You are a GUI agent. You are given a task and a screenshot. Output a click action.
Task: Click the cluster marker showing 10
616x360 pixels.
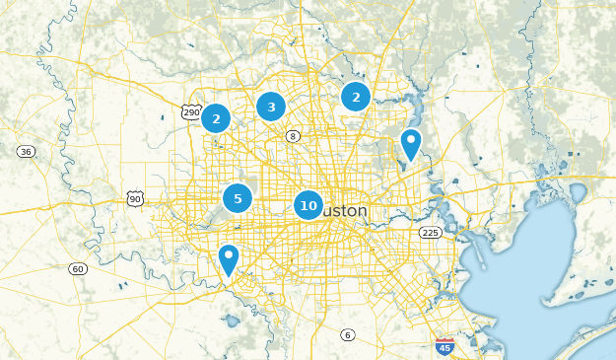(308, 205)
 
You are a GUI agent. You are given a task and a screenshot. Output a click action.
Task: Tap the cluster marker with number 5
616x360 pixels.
(237, 198)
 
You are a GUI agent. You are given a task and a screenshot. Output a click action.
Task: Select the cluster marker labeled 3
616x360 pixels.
(271, 107)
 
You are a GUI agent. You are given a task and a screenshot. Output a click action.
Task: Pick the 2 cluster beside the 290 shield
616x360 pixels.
(215, 118)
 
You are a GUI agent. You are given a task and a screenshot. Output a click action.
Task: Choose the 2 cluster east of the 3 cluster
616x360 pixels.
(355, 97)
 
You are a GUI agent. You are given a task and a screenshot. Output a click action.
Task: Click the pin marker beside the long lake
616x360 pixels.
(410, 144)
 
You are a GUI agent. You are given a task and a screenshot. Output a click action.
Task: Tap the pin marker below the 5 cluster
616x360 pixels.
(228, 259)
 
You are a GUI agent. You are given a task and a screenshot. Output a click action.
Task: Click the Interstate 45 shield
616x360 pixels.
(444, 345)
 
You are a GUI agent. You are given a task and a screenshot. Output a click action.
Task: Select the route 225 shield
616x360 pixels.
(430, 233)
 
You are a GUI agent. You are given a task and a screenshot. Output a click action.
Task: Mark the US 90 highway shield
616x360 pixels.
(135, 199)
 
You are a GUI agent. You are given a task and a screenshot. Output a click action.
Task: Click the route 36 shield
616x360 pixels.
(26, 151)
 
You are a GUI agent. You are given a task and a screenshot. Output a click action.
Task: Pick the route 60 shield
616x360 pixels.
(78, 268)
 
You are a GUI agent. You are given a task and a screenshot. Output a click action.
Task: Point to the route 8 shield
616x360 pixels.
(293, 135)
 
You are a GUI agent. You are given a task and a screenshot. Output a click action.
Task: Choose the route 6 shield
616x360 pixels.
(347, 335)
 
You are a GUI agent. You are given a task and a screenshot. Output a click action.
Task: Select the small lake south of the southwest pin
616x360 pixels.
(233, 321)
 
